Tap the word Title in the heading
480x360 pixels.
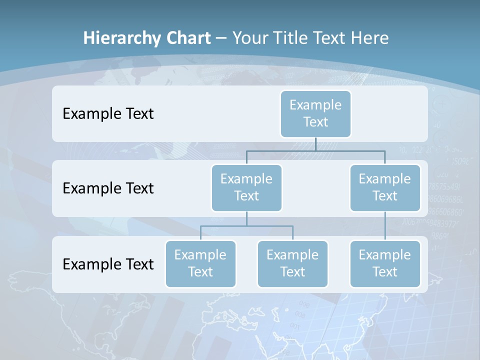291,38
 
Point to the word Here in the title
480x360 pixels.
369,38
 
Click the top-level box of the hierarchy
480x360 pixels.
315,113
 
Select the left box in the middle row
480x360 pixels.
246,187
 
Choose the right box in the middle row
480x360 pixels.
385,187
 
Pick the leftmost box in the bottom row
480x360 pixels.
200,263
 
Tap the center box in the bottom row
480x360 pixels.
292,263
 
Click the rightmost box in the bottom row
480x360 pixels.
385,263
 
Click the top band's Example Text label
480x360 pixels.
108,113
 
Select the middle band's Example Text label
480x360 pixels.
108,188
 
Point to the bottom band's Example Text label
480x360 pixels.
108,264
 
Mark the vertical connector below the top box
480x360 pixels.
315,144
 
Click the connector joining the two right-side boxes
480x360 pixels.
385,226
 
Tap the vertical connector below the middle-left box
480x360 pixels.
246,218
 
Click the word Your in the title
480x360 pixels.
250,38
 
